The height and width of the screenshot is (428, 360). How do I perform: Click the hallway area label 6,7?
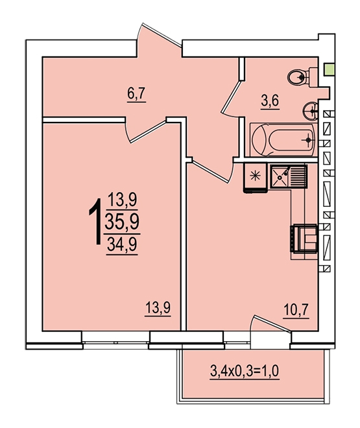tap(136, 95)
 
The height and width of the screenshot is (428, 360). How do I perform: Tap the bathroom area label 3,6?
tap(270, 102)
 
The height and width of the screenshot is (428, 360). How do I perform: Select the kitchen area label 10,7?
tap(296, 310)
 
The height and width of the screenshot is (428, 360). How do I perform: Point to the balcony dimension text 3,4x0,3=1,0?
tap(245, 371)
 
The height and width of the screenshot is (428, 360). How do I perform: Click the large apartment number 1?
tap(95, 221)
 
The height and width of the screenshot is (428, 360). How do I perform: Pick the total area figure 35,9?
tap(122, 222)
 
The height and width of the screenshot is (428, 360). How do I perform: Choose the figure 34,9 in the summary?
tap(122, 244)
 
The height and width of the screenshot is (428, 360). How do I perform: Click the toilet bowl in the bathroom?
tap(302, 77)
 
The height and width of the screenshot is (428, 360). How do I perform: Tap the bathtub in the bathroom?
tap(283, 140)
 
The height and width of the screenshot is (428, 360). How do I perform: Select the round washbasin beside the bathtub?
tap(311, 111)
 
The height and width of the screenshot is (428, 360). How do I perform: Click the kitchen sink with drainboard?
tap(289, 176)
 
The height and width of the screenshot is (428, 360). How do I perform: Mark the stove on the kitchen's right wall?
tap(304, 238)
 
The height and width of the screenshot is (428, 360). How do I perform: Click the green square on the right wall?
tap(330, 69)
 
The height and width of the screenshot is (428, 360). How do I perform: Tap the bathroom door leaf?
tap(231, 96)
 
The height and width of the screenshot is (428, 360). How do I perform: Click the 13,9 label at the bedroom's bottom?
tap(158, 308)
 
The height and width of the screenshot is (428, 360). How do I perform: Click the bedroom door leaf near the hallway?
tap(148, 132)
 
